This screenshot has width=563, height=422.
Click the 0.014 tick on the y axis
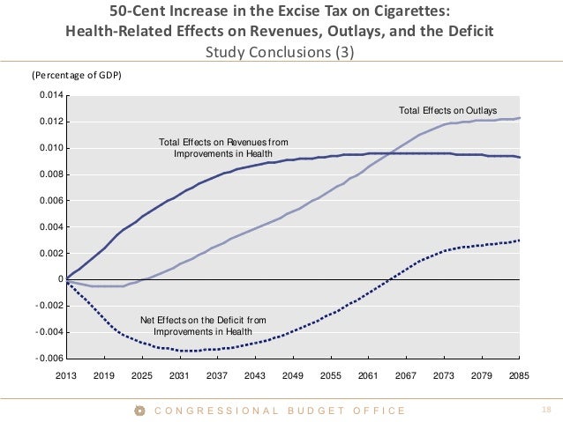point(50,95)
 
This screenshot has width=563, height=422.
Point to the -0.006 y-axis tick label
point(49,359)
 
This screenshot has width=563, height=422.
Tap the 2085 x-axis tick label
point(519,375)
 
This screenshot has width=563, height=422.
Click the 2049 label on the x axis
point(293,375)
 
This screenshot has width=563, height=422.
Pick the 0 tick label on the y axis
point(60,279)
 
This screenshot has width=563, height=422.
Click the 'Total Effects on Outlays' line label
point(449,111)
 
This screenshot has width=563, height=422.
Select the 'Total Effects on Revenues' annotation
point(222,148)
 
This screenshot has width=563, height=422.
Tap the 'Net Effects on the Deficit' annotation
point(203,325)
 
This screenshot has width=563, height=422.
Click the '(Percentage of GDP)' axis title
point(77,75)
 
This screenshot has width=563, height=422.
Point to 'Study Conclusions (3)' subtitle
point(281,51)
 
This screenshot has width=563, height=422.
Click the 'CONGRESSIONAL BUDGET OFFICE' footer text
point(280,411)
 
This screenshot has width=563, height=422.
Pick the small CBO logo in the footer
point(139,411)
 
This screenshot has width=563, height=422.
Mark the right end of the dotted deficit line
point(519,240)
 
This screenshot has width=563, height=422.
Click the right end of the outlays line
point(519,118)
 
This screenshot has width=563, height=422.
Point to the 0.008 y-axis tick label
point(50,174)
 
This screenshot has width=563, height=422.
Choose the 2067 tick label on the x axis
point(406,375)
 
